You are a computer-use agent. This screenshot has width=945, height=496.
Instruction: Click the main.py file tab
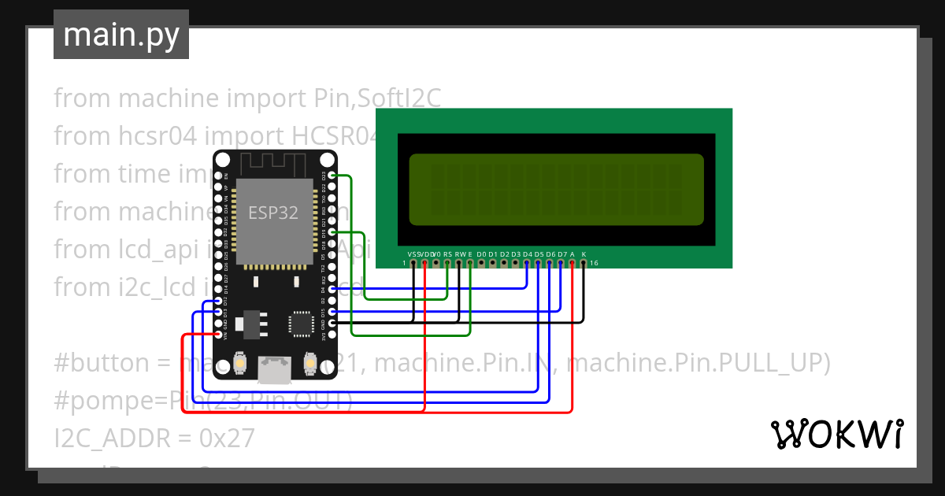click(120, 35)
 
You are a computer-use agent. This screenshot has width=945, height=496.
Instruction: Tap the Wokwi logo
click(836, 434)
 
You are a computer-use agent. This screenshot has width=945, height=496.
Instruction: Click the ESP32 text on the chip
click(273, 213)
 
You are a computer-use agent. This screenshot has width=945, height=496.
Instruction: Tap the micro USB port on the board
click(273, 366)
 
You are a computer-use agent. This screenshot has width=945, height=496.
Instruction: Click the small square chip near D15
click(301, 323)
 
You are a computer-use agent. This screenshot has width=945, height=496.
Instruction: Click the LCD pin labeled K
click(584, 263)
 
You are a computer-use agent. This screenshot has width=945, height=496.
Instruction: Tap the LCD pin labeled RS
click(447, 263)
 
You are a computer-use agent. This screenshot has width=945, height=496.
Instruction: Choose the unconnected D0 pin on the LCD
click(481, 263)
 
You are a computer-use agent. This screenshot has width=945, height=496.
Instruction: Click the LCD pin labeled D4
click(527, 263)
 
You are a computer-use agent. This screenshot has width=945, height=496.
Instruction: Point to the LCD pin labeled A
click(572, 263)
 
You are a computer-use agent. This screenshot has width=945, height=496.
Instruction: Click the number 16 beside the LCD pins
click(595, 263)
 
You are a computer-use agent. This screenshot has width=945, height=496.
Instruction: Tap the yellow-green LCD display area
click(556, 189)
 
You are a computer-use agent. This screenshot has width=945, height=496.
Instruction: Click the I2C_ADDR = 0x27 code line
click(154, 438)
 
